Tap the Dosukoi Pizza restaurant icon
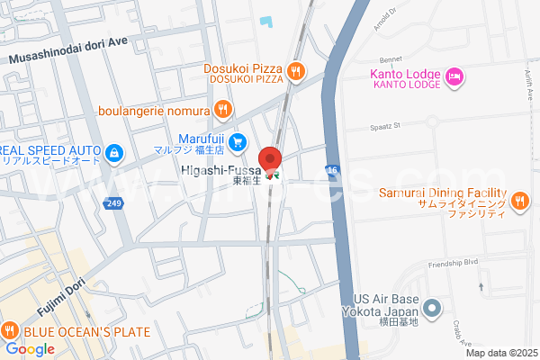pos(295,70)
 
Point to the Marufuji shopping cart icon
pos(238,141)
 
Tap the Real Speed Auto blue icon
pos(115,155)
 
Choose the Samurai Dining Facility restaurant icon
pos(518,202)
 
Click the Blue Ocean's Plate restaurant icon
pos(10,330)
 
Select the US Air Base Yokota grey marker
pos(432,309)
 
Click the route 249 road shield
pos(112,203)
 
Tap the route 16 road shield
pos(331,168)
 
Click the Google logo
pos(30,348)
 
